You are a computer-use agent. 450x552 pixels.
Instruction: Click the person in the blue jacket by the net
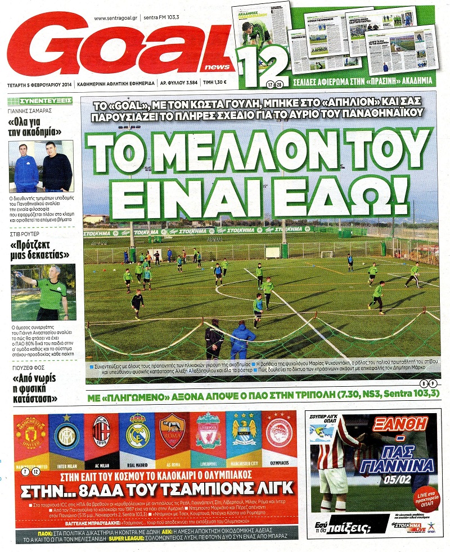[x=242, y=340]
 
